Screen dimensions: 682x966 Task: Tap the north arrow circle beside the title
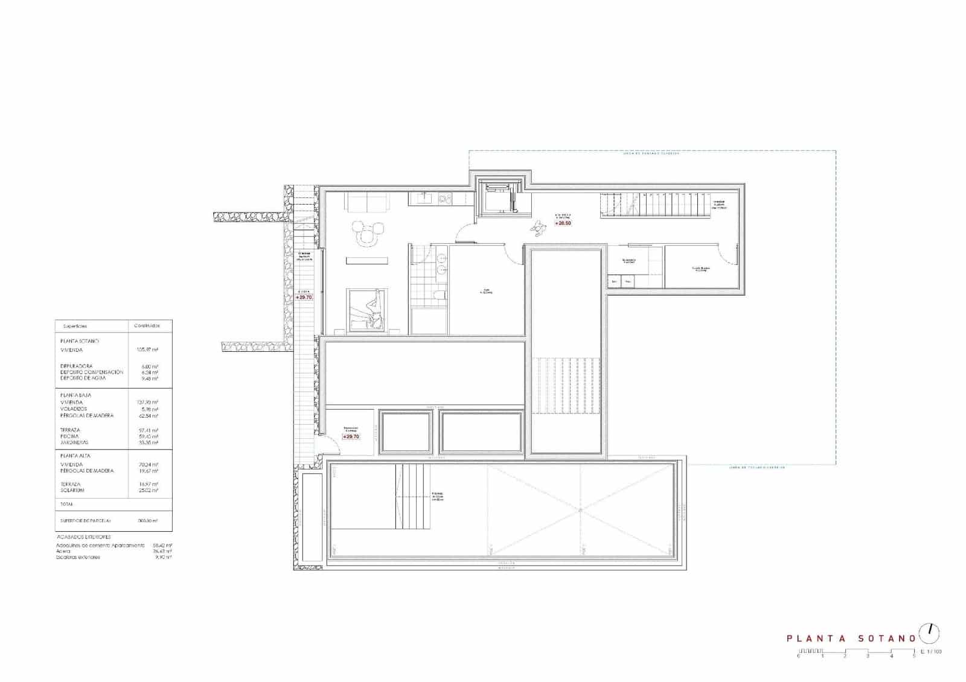pos(929,634)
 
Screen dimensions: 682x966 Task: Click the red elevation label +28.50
pos(564,223)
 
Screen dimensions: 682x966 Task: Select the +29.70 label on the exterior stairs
pos(304,297)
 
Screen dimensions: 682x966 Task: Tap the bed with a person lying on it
pos(366,310)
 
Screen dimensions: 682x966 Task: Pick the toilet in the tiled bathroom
pos(440,295)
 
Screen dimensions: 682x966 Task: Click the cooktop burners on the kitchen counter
pos(445,197)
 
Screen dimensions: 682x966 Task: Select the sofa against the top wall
pos(367,203)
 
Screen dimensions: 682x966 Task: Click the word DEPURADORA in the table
pos(76,366)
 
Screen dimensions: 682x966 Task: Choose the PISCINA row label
pos(69,436)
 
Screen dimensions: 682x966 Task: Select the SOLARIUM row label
pos(72,491)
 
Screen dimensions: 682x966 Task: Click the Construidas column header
pos(147,326)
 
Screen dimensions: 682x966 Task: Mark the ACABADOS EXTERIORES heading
pos(84,537)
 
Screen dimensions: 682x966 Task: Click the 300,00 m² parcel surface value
pos(147,520)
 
